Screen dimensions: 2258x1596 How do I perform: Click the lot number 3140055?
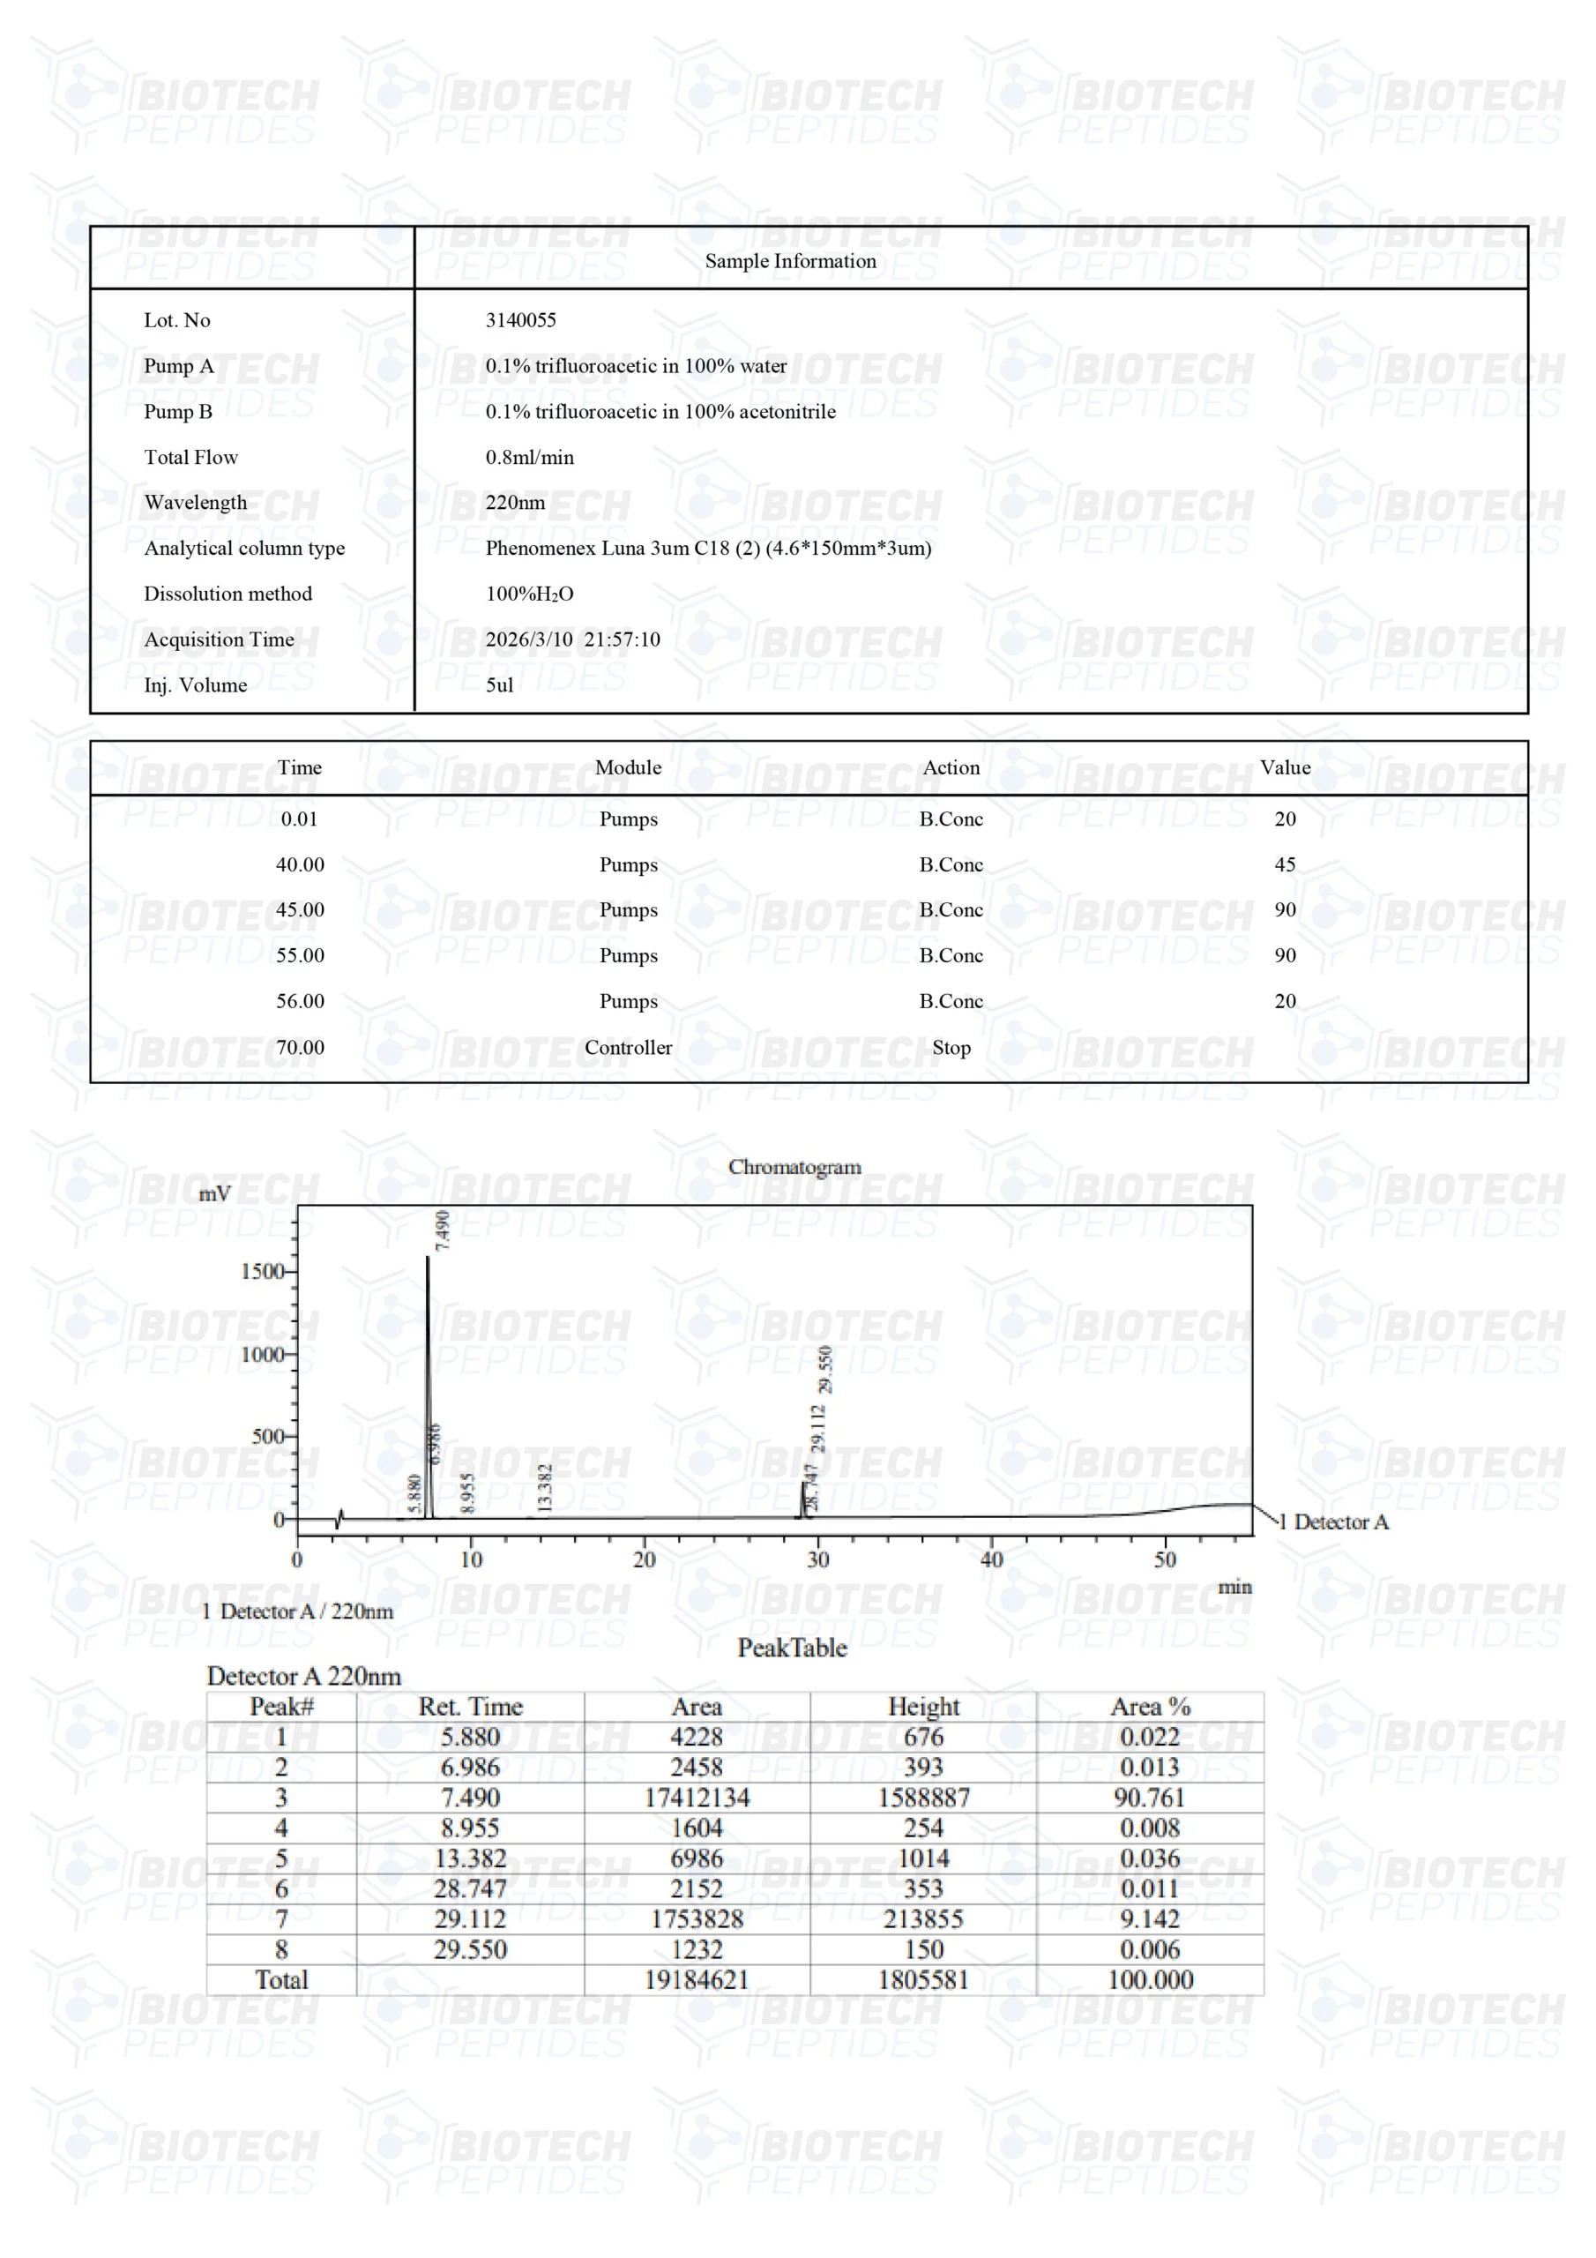pyautogui.click(x=520, y=319)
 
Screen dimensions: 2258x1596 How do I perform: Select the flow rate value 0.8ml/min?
pyautogui.click(x=529, y=457)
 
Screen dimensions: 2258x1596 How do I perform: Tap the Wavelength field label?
pyautogui.click(x=195, y=503)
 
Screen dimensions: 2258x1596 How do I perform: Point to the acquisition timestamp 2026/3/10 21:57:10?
pyautogui.click(x=572, y=639)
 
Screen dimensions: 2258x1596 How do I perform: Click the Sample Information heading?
pyautogui.click(x=790, y=260)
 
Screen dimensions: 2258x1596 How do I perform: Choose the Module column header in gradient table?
pyautogui.click(x=628, y=767)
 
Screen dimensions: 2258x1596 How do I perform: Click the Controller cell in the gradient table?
pyautogui.click(x=628, y=1047)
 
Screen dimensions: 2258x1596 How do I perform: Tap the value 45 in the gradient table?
pyautogui.click(x=1284, y=864)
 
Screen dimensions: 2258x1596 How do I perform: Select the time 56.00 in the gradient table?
pyautogui.click(x=300, y=1001)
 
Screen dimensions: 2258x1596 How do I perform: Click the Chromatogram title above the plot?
pyautogui.click(x=794, y=1166)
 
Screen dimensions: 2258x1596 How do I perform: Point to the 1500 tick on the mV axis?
pyautogui.click(x=262, y=1271)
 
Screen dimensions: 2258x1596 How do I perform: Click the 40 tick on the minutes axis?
pyautogui.click(x=991, y=1559)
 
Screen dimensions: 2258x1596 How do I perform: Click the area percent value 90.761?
pyautogui.click(x=1149, y=1798)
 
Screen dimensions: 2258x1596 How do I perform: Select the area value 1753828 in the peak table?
pyautogui.click(x=697, y=1918)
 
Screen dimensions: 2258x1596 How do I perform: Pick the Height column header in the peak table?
pyautogui.click(x=922, y=1706)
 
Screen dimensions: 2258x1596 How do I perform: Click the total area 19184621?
pyautogui.click(x=697, y=1979)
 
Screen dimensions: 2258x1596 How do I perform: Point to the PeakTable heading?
pyautogui.click(x=792, y=1649)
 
